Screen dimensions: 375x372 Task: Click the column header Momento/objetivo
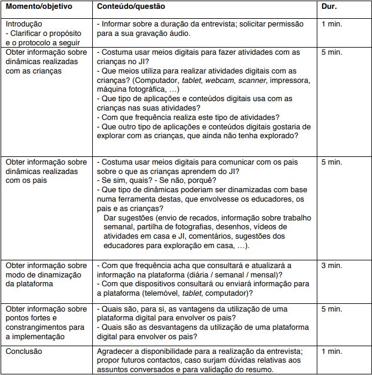[x=39, y=6]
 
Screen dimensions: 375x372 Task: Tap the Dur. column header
[x=330, y=6]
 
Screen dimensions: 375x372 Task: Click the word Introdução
[x=24, y=24]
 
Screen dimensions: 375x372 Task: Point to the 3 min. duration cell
[x=331, y=266]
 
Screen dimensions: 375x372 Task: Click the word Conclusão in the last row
[x=24, y=351]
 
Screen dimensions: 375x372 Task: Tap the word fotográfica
[x=149, y=90]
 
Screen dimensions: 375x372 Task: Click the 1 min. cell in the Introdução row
[x=331, y=24]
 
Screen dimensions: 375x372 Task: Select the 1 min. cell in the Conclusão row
[x=331, y=351]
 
